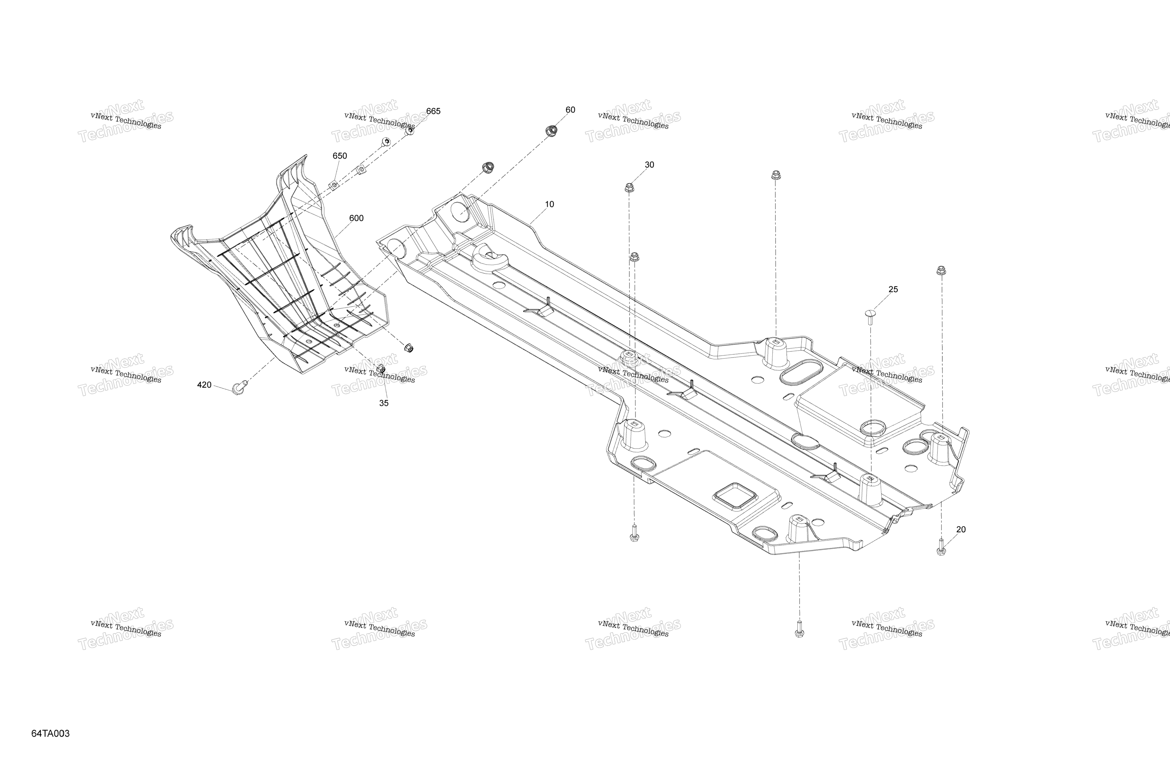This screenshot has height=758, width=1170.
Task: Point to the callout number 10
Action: click(x=550, y=204)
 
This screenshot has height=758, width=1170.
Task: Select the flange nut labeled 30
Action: click(x=629, y=187)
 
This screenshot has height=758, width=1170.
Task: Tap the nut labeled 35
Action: click(x=380, y=369)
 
